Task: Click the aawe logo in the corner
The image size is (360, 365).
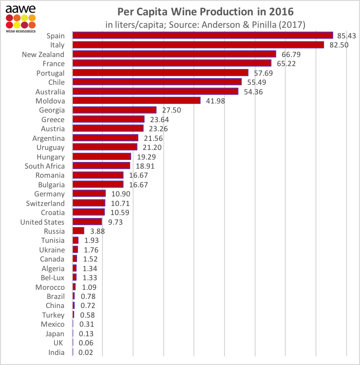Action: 21,17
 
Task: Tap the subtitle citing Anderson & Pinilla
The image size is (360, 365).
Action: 205,24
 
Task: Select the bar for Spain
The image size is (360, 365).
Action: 202,35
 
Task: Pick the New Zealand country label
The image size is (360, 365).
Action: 43,54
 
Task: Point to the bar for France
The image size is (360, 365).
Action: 172,63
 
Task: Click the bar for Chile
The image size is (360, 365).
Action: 157,82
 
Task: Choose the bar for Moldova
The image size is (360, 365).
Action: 136,101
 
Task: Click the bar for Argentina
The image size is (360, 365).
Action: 105,138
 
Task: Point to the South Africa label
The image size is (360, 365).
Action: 45,166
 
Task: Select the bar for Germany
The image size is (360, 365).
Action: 89,194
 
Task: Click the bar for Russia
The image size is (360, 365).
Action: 79,231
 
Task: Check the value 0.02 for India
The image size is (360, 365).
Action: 84,353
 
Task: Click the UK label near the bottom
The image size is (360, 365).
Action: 59,343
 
